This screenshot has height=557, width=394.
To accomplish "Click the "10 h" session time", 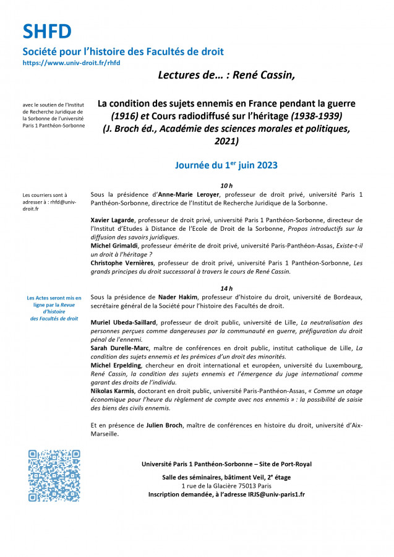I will [226, 185].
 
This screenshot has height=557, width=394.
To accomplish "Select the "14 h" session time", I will [226, 288].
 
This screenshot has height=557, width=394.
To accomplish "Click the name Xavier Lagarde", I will [113, 220].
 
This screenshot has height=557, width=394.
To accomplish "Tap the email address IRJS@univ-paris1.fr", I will [276, 494].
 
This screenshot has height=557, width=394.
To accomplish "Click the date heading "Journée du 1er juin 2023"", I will [226, 165].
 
